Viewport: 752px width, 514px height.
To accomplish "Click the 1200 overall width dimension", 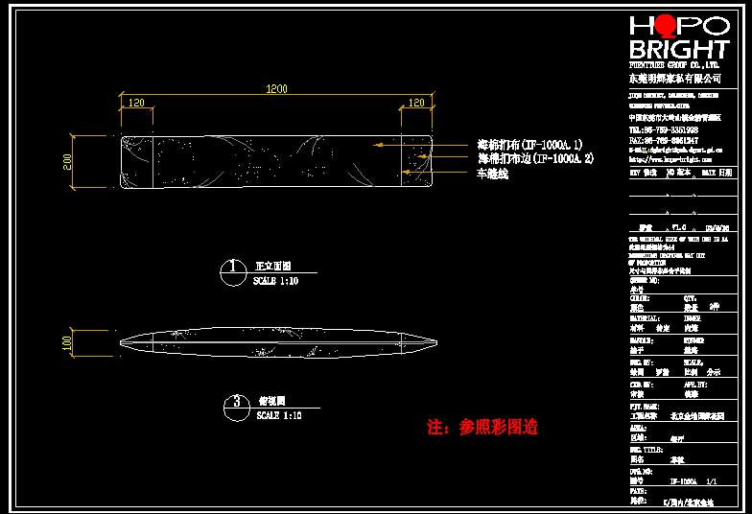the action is (x=276, y=89).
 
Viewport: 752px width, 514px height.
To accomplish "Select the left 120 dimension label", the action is (x=135, y=102).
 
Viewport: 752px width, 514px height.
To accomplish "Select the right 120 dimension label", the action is (x=416, y=102).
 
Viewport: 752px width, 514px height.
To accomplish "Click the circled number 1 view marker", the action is (x=231, y=268).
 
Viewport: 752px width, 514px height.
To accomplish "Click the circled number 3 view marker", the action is (x=235, y=403).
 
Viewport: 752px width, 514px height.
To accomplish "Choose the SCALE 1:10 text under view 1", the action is (x=276, y=282).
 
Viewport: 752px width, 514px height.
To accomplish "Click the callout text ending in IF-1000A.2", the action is (x=536, y=158).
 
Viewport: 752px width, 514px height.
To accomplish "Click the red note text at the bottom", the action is (x=482, y=428).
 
